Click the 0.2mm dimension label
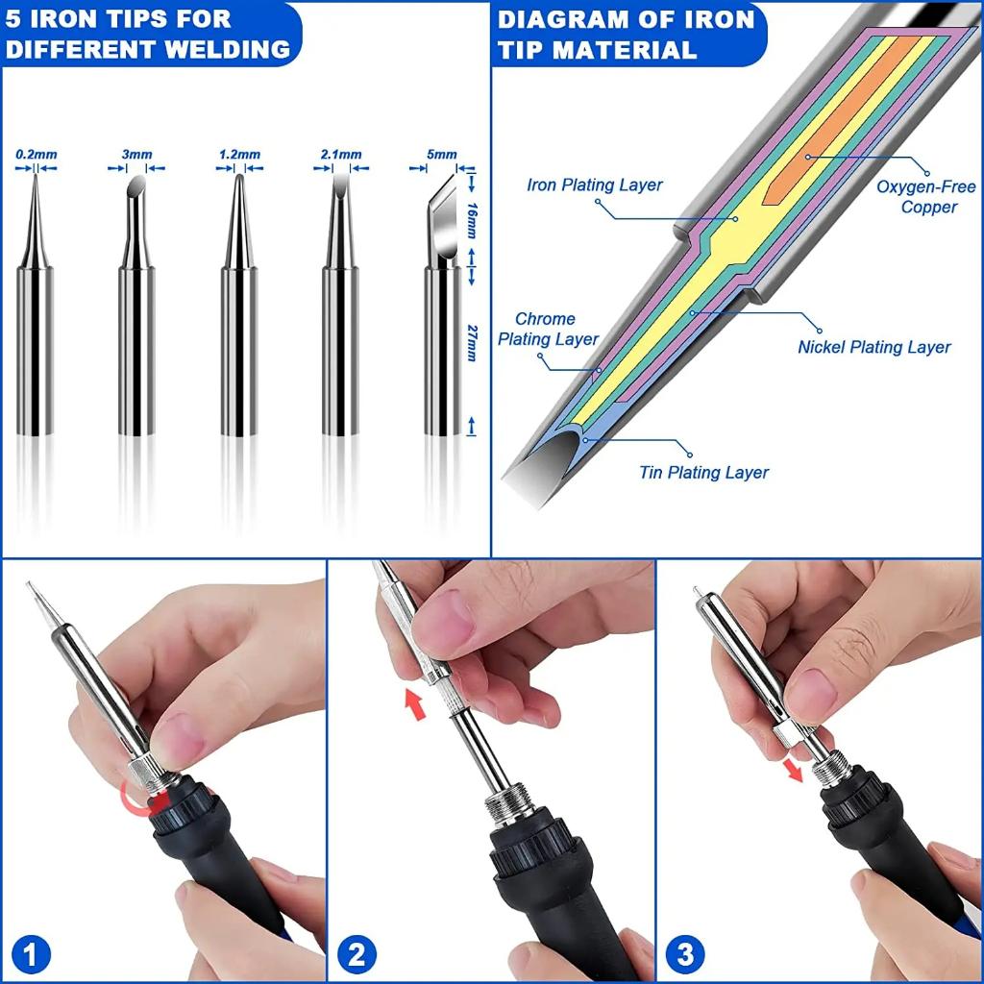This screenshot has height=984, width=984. click(37, 155)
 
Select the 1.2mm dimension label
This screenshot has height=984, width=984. click(239, 155)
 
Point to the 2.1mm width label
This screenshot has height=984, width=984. click(341, 155)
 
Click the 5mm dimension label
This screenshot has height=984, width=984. click(442, 155)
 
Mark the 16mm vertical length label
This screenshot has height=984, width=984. click(471, 220)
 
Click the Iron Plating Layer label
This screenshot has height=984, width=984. click(595, 185)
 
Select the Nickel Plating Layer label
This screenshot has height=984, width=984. click(873, 347)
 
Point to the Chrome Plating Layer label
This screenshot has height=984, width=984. click(547, 329)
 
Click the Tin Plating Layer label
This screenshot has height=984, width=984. click(703, 472)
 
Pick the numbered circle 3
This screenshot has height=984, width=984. click(684, 955)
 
